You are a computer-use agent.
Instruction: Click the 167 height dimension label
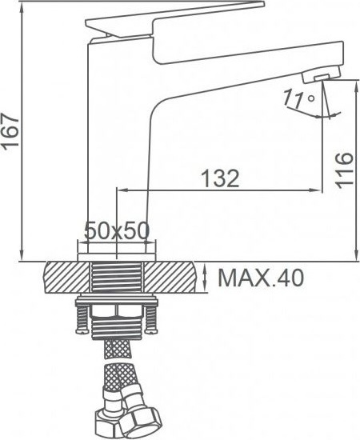(x=10, y=130)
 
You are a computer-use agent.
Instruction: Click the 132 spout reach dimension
(x=221, y=178)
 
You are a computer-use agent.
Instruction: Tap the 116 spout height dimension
(x=343, y=170)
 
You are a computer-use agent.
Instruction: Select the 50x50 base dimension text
(x=117, y=230)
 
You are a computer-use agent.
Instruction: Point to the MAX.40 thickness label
(x=261, y=278)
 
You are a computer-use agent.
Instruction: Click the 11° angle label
(x=298, y=98)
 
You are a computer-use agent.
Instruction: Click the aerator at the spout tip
(x=322, y=74)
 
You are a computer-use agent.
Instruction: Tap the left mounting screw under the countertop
(x=82, y=318)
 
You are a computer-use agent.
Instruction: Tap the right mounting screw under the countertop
(x=151, y=318)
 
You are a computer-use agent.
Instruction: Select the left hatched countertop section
(x=66, y=278)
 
